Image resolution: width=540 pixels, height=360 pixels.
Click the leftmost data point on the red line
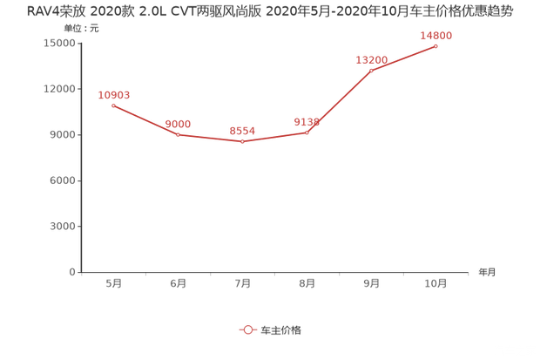113,105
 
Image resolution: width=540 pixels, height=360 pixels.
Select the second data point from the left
178,135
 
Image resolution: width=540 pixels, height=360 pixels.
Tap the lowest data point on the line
242,142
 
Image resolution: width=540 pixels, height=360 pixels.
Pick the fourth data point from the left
307,132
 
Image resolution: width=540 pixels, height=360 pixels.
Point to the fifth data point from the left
372,69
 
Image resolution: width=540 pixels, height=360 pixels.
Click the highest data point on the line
436,45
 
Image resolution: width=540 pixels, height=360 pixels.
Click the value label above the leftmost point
115,93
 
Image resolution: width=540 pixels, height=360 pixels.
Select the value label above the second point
179,123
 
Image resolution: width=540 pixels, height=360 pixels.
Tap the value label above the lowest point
243,130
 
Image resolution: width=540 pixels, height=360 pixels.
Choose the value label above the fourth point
308,120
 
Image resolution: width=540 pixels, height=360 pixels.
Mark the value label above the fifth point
372,58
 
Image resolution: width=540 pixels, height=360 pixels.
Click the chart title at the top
270,11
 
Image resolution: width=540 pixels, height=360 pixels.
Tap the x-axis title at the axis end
486,272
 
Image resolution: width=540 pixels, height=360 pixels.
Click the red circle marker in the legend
247,329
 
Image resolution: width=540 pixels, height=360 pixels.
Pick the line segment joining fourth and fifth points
340,101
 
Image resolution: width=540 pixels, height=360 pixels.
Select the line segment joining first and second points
145,120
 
